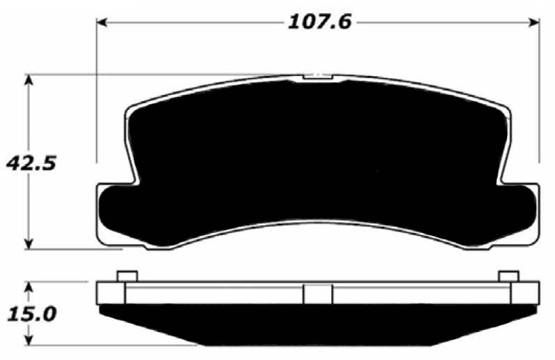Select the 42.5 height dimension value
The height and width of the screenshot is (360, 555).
tap(29, 165)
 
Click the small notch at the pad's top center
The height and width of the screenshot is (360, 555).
tap(318, 77)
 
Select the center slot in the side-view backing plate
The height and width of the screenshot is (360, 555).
tap(318, 294)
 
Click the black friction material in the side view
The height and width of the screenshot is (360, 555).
tap(318, 324)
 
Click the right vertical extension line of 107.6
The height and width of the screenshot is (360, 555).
tap(540, 91)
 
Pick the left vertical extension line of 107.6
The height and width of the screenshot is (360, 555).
tap(96, 91)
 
